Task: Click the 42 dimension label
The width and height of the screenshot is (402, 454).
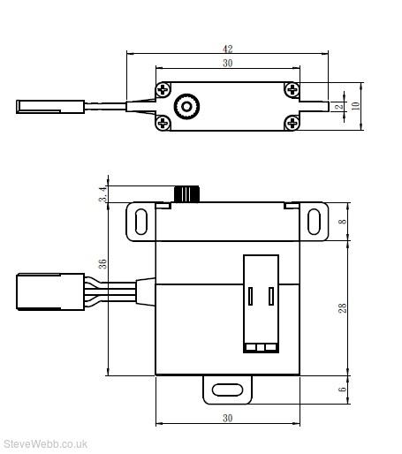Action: tap(227, 49)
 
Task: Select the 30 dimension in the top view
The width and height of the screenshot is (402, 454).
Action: tap(227, 63)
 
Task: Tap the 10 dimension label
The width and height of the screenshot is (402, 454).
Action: tap(356, 106)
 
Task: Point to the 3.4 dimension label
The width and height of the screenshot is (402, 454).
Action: tap(102, 194)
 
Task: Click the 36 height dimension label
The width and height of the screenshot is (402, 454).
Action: tap(102, 263)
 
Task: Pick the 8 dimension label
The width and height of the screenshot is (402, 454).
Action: tap(343, 222)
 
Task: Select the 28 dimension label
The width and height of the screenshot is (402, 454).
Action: tap(343, 308)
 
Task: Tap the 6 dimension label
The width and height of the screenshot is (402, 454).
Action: tap(342, 390)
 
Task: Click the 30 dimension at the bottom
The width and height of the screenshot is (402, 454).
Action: tap(227, 418)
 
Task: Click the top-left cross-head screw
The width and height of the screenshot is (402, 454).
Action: tap(163, 89)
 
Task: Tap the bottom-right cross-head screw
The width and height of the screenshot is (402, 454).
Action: tap(292, 123)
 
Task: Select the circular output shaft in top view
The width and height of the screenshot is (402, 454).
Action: tap(186, 106)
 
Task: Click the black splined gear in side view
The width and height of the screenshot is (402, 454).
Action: tap(187, 194)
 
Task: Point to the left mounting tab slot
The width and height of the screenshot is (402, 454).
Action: tap(140, 222)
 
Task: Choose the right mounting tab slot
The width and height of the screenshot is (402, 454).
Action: tap(314, 222)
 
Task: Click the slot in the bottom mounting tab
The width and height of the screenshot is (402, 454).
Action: tap(227, 390)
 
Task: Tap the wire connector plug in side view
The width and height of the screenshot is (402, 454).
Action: tap(50, 291)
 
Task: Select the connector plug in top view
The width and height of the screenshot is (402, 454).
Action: tap(50, 107)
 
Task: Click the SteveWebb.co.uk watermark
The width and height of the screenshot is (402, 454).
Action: tap(45, 443)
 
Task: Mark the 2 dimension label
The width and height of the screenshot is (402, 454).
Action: tap(339, 106)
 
